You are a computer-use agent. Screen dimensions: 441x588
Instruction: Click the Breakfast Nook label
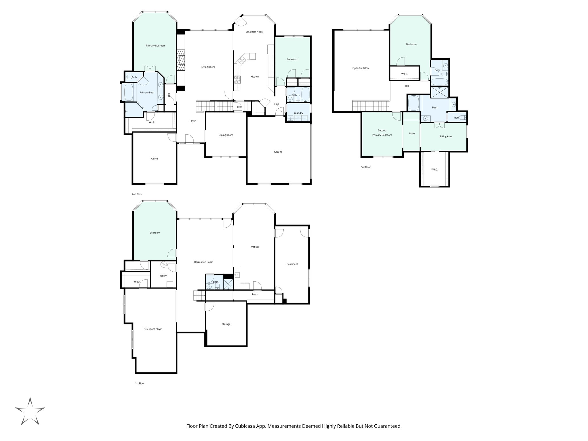point(254,32)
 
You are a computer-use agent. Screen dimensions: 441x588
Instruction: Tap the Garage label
point(278,152)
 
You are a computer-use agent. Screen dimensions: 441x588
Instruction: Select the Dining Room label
point(226,135)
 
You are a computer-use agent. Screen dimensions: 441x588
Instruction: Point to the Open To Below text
point(361,68)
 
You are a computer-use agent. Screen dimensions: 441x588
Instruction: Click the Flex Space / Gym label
point(153,329)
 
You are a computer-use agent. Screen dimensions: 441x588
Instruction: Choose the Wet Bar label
point(255,247)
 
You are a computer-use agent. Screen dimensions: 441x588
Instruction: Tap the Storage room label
point(226,324)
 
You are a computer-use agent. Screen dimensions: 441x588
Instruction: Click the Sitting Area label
point(445,136)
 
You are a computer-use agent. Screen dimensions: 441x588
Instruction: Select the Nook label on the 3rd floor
point(412,134)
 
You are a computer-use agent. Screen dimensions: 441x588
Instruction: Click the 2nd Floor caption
point(137,194)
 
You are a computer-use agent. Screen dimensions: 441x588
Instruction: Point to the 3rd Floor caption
point(365,167)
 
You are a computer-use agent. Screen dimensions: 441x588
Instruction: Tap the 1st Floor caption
point(140,383)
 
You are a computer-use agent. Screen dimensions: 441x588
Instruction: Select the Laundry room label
point(298,113)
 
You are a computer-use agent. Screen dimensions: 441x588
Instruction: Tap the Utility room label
point(163,276)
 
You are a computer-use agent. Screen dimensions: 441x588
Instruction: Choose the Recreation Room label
point(204,262)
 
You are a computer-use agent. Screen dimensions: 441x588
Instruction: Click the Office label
point(154,159)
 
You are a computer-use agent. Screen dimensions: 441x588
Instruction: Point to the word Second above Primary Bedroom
point(382,130)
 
